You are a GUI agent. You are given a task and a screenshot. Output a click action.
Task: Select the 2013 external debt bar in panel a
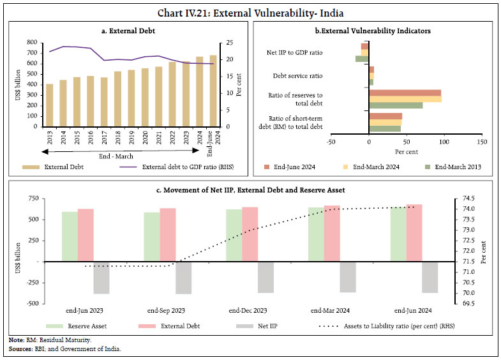[50, 105]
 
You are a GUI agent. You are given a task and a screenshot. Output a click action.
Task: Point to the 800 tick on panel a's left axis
[30, 42]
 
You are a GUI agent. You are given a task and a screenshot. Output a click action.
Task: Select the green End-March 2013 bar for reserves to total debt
[396, 105]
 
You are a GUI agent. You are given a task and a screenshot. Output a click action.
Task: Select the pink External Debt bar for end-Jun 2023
[86, 235]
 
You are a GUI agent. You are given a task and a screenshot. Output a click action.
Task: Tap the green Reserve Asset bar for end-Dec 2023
[234, 235]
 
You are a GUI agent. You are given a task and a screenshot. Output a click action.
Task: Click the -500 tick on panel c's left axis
[29, 303]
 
